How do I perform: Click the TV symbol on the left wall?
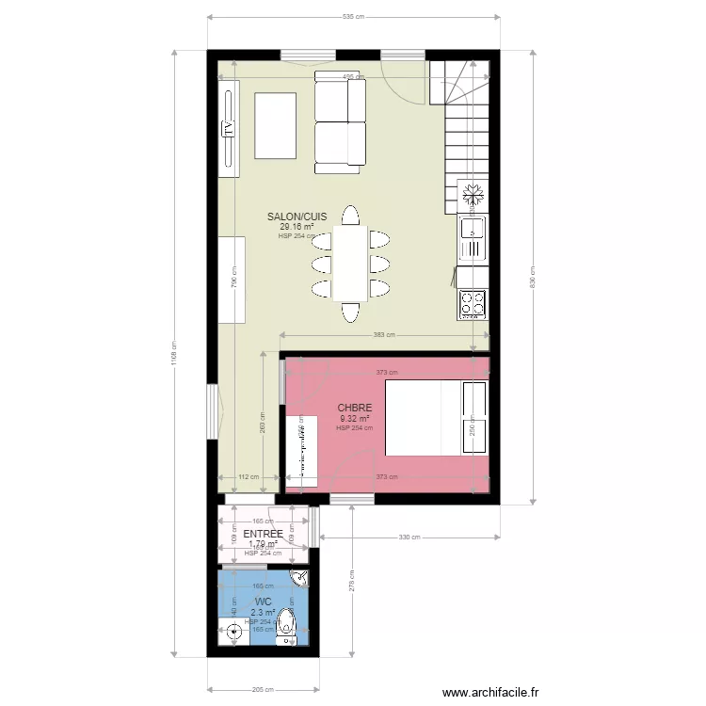coord(227,128)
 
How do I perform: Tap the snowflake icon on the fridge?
coord(473,193)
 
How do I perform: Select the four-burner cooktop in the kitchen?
coord(473,303)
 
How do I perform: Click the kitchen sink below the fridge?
coord(472,235)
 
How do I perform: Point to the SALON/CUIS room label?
coord(297,217)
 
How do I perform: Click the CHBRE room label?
coord(355,409)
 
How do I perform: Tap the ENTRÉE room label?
coord(264,534)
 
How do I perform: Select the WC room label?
coord(264,601)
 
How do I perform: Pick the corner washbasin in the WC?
coord(301,578)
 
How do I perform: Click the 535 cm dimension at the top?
coord(353,16)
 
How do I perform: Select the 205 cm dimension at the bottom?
coord(264,689)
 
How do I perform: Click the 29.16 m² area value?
coord(297,227)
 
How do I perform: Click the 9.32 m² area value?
coord(355,419)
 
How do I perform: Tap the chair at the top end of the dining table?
coord(351,216)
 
